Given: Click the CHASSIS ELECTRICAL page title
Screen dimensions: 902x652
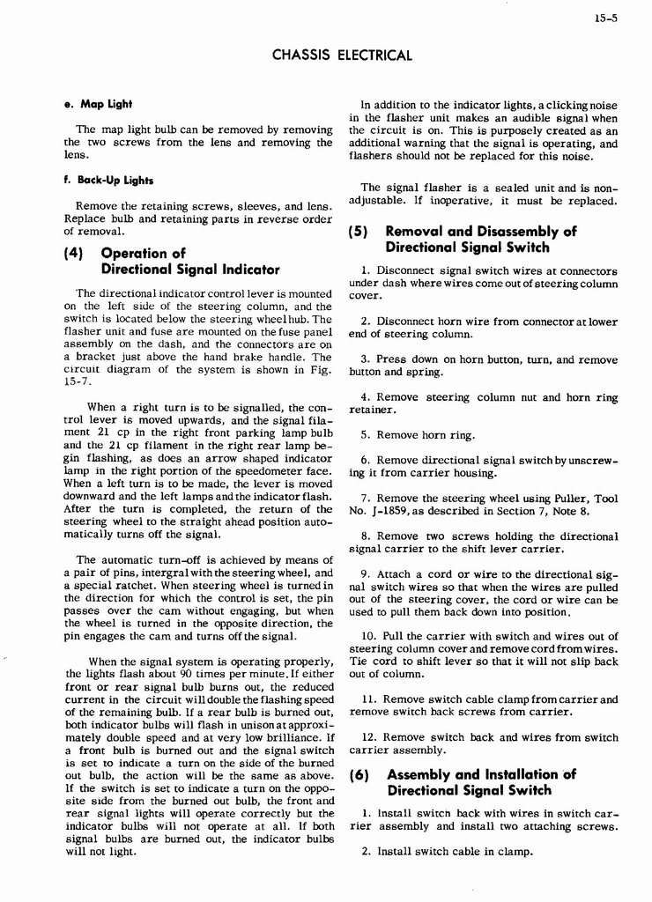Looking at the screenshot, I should [342, 55].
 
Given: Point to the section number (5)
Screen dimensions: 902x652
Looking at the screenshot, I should [361, 232].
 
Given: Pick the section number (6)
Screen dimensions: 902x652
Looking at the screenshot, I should [361, 775].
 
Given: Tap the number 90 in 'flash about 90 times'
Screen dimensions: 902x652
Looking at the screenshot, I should [189, 673].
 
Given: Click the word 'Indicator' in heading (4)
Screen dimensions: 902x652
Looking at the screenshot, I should [241, 270].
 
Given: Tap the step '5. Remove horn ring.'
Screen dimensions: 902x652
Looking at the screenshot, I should [418, 435].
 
